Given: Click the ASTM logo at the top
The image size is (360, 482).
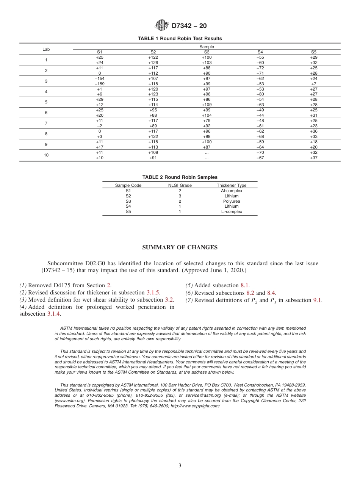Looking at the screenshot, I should click(x=162, y=25).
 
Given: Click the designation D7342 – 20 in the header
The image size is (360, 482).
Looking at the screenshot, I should click(x=189, y=26).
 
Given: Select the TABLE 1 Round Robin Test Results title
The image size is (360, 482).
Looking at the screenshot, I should click(x=180, y=39).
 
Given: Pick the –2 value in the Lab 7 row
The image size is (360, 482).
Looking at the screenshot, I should click(x=99, y=126).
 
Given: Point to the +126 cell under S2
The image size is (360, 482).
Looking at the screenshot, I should click(x=153, y=63).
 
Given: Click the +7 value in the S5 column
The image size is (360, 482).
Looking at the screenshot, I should click(x=313, y=84).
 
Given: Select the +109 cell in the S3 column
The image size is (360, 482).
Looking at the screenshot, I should click(x=207, y=105).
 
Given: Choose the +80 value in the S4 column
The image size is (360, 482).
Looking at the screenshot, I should click(x=260, y=94).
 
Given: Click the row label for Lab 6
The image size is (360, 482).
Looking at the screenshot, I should click(x=46, y=113).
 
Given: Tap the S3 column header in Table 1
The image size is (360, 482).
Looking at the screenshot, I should click(x=207, y=52).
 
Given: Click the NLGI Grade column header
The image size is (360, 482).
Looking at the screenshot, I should click(x=180, y=185).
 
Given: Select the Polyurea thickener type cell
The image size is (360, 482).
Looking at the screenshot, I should click(x=232, y=201).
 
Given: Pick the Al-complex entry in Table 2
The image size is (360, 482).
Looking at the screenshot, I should click(x=232, y=191).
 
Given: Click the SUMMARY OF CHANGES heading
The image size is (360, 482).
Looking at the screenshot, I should click(x=180, y=247).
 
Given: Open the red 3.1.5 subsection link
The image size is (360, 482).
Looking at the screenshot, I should click(x=153, y=293).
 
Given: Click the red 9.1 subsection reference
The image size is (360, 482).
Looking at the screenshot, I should click(x=317, y=300).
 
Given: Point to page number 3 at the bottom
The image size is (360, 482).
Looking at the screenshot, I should click(x=180, y=465).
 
